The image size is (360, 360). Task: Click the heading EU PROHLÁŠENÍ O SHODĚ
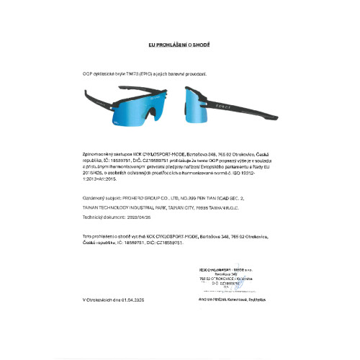click(x=179, y=44)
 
